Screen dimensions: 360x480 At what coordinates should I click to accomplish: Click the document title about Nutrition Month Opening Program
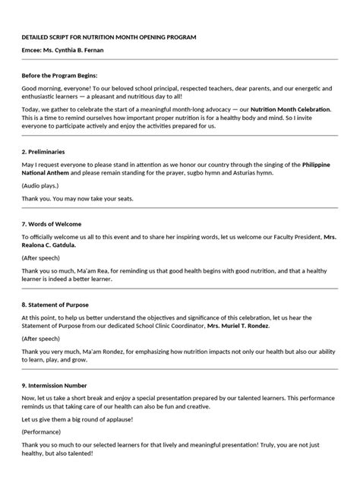(109, 36)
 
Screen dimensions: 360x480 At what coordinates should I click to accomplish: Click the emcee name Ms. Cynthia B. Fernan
(63, 50)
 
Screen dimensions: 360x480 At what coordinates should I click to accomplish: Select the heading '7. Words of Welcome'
(52, 224)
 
